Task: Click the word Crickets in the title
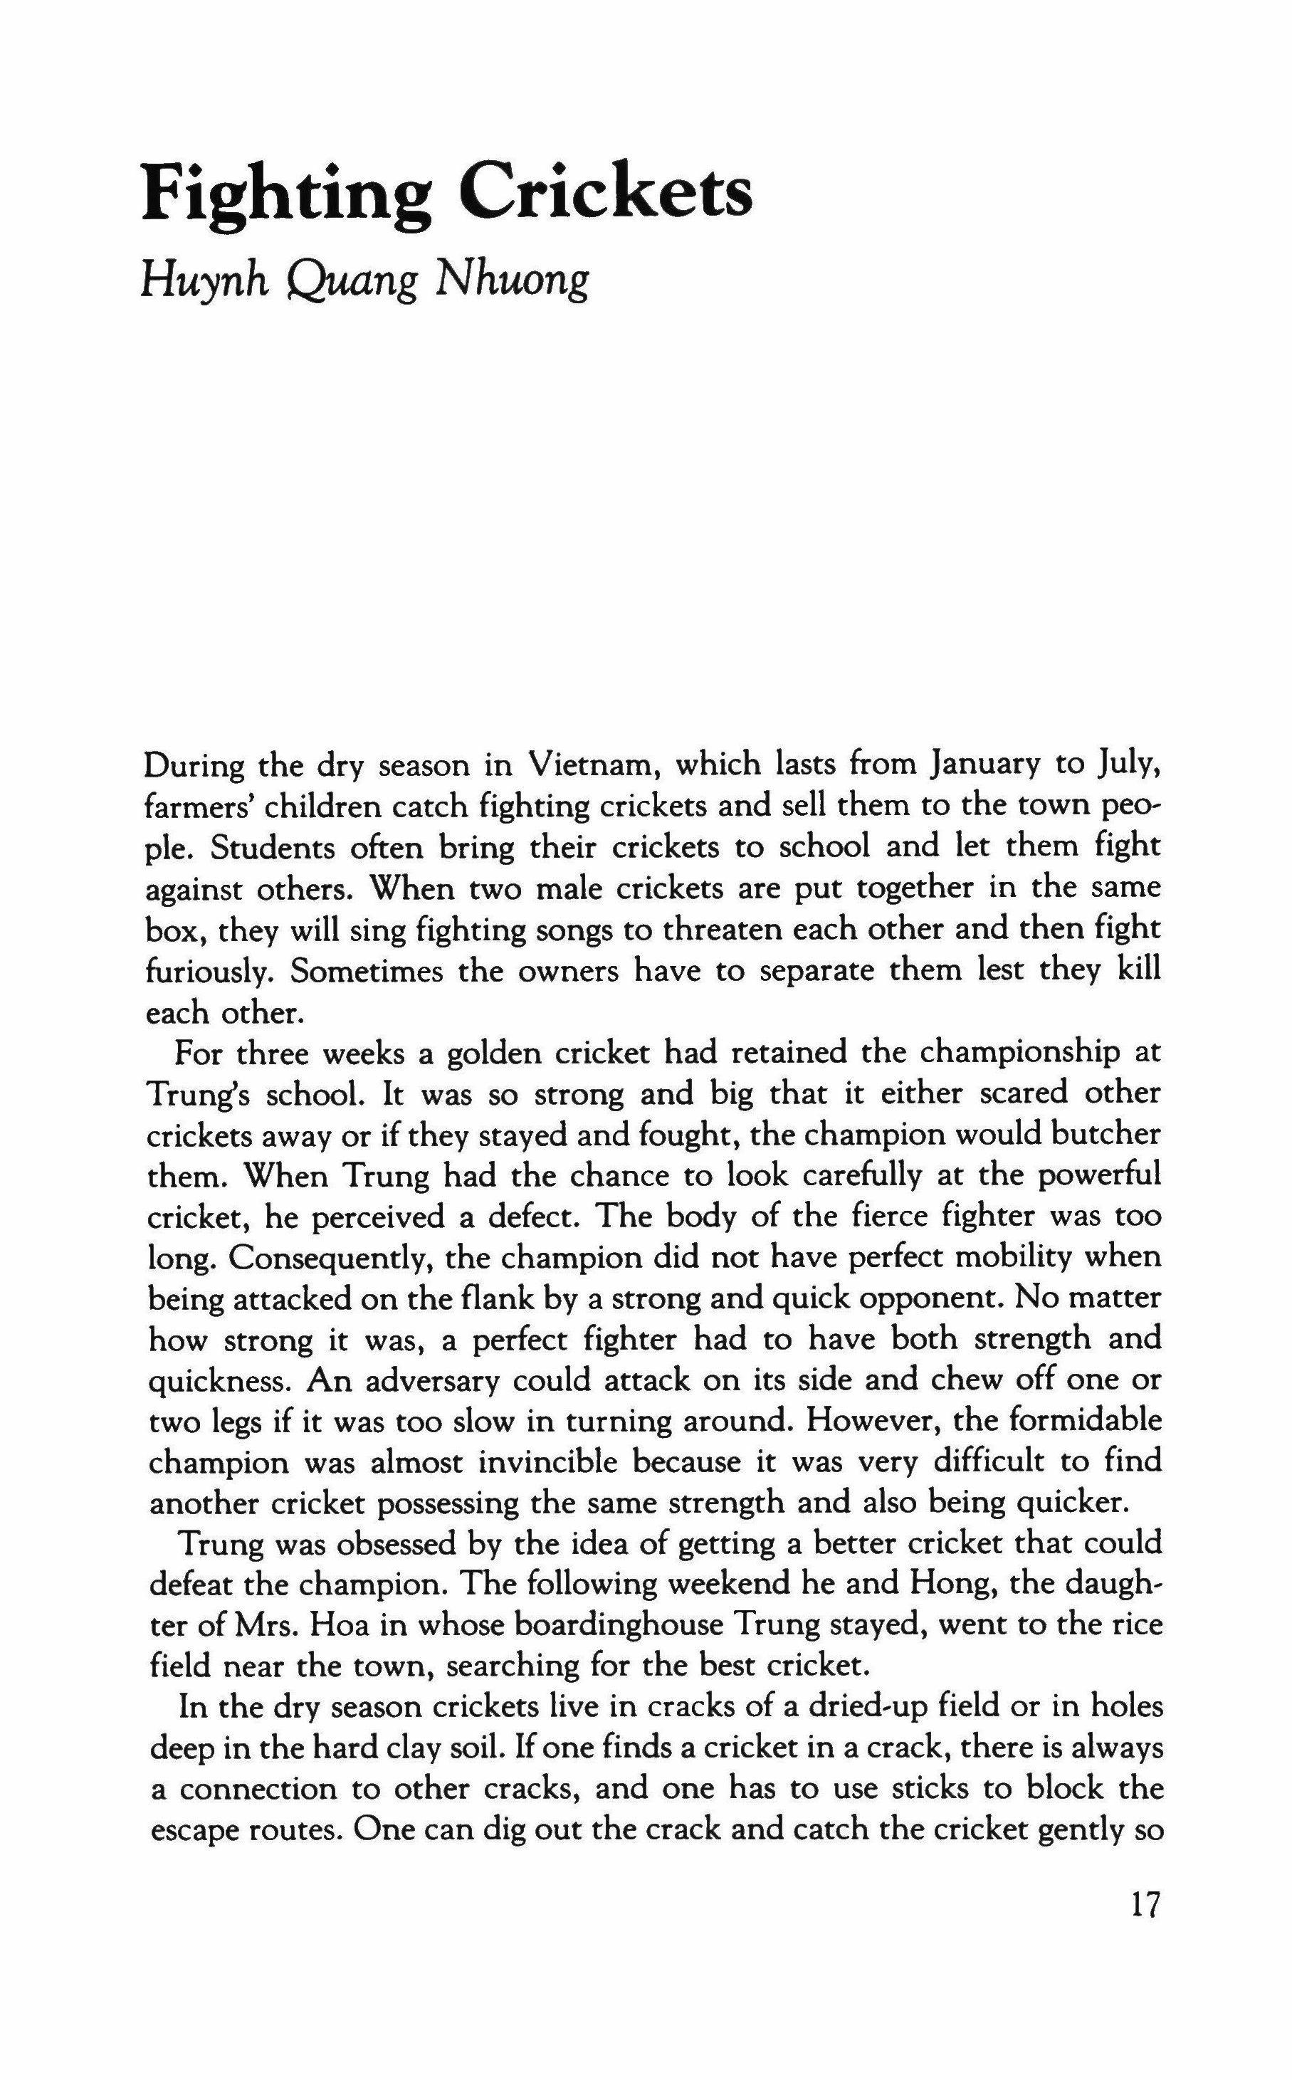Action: click(x=606, y=192)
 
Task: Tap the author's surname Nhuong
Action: click(x=512, y=281)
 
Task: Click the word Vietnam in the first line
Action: click(x=589, y=764)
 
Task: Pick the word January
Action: click(x=984, y=764)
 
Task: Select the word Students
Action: click(x=271, y=846)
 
